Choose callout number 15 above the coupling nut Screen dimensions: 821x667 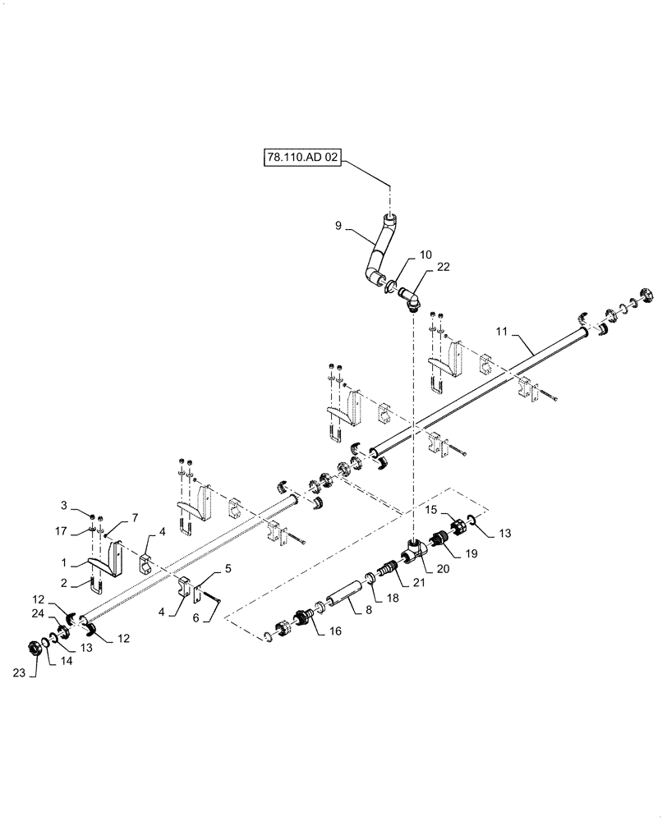click(x=431, y=510)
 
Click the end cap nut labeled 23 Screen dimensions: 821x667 click(x=36, y=648)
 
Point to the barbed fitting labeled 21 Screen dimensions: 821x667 click(x=389, y=571)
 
